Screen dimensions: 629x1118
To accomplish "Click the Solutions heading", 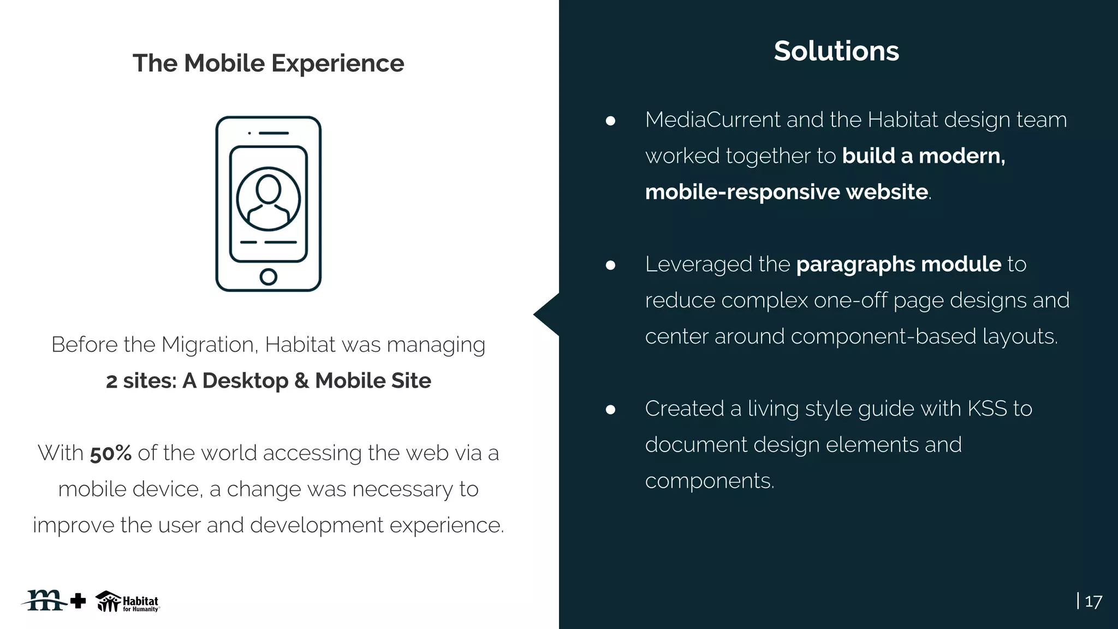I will [x=836, y=51].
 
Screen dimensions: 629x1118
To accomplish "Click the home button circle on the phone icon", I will [x=268, y=277].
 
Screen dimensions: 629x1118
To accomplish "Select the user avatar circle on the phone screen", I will [x=268, y=199].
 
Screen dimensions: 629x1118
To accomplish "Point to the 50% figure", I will [x=111, y=453].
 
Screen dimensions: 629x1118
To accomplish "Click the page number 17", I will [x=1093, y=602].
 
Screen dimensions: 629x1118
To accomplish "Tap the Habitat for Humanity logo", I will [x=128, y=602].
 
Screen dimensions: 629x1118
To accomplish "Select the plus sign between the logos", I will [x=79, y=601].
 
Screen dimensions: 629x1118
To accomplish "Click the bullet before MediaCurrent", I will [x=610, y=121].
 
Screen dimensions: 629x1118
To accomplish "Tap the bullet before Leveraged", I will [x=610, y=265].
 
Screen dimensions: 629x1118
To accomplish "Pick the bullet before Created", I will [x=610, y=410].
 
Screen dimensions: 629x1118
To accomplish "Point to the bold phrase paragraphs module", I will [x=899, y=264].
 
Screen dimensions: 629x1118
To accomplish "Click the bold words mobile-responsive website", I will [x=786, y=192].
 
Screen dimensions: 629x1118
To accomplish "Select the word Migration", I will [x=208, y=345].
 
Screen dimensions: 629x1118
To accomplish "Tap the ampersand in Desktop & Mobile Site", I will [x=301, y=381].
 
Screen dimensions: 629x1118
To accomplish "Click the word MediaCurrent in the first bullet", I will [x=712, y=120].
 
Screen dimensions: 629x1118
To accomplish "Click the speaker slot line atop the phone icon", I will [x=273, y=133].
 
